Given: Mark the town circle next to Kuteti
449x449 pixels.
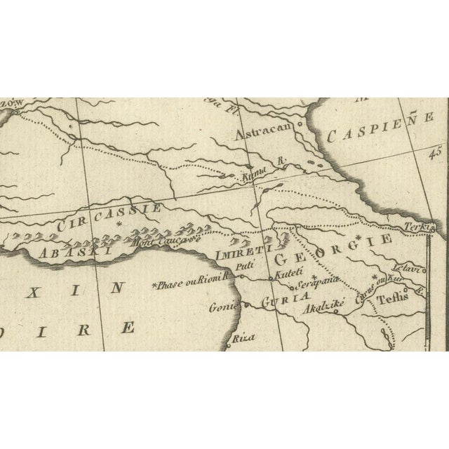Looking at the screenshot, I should (x=273, y=280).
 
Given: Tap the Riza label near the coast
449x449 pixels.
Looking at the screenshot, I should (x=241, y=337).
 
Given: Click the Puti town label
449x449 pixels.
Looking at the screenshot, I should (x=244, y=267).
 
